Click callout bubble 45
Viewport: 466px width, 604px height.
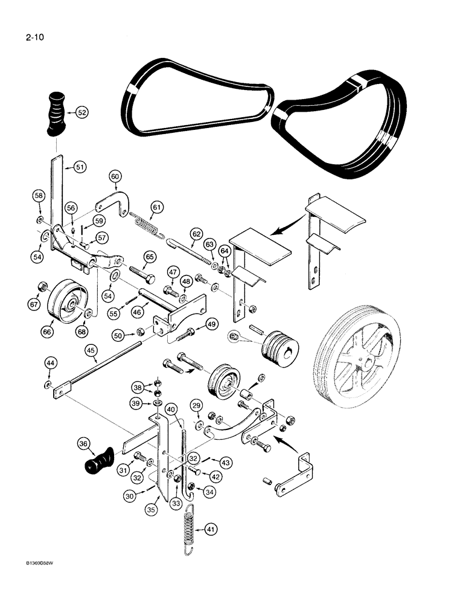pyautogui.click(x=91, y=350)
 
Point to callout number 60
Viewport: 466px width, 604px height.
pyautogui.click(x=116, y=176)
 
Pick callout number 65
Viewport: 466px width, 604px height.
pyautogui.click(x=148, y=257)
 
